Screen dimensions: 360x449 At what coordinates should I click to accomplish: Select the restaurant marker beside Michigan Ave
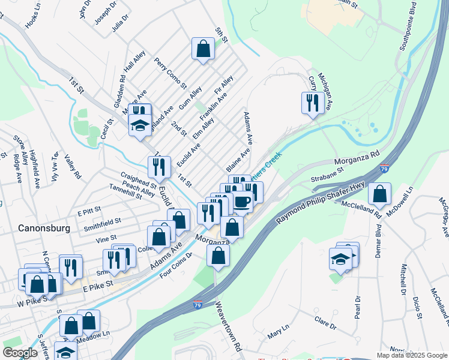click(313, 103)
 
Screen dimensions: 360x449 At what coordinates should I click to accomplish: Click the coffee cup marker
click(242, 202)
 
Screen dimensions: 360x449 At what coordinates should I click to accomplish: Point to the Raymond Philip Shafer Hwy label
click(321, 204)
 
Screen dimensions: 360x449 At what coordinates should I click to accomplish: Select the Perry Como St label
click(170, 72)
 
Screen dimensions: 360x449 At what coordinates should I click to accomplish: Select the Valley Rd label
click(73, 167)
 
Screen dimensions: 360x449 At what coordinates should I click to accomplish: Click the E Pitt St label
click(89, 212)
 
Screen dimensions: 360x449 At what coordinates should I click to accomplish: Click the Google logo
click(20, 353)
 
